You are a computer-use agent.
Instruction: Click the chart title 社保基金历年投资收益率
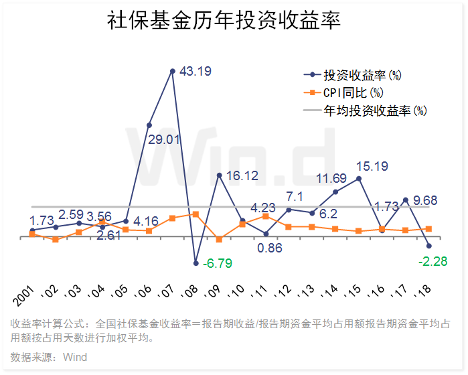click(x=224, y=21)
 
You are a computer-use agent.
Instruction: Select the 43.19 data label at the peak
click(x=196, y=71)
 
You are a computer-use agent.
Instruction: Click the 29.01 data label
click(x=164, y=139)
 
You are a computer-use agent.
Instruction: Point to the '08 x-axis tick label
click(x=192, y=295)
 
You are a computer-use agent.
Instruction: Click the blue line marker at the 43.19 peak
click(x=173, y=70)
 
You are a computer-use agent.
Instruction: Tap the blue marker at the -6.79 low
click(x=196, y=262)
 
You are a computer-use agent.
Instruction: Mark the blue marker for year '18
click(x=429, y=246)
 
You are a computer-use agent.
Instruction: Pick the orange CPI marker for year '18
click(x=429, y=229)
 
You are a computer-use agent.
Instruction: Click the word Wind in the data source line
click(x=75, y=357)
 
